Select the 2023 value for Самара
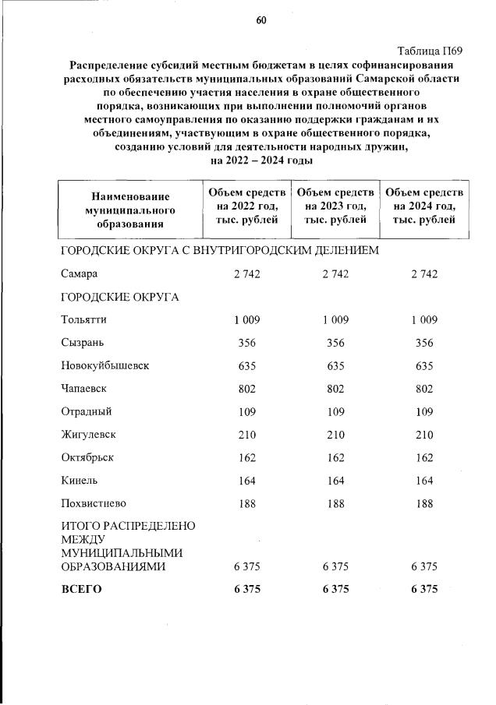335,273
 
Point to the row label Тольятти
83,319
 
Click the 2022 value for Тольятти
246,319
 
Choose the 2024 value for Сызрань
424,342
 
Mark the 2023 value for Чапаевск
335,387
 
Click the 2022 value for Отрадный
246,411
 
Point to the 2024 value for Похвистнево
424,502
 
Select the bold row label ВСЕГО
81,590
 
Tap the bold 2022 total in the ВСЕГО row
246,590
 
